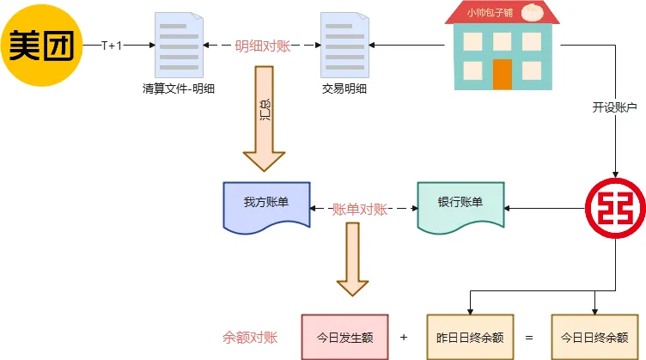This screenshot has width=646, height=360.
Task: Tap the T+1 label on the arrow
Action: (x=112, y=45)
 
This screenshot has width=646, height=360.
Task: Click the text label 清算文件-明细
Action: (x=180, y=88)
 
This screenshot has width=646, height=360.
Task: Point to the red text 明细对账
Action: (x=263, y=46)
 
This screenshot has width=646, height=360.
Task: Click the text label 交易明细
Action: (x=344, y=88)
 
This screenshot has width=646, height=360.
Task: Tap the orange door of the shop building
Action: (x=503, y=74)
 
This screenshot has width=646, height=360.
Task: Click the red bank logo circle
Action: (x=615, y=207)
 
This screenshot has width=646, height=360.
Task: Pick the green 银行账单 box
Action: (x=460, y=204)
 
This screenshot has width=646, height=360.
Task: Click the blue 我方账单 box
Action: (x=265, y=204)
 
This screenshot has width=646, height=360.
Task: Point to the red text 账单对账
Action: (x=360, y=209)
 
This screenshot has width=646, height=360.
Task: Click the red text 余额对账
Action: (x=250, y=337)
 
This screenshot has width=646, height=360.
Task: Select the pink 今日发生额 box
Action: (x=344, y=337)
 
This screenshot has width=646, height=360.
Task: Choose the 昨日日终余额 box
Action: (x=470, y=337)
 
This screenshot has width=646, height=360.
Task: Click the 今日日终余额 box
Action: (x=594, y=337)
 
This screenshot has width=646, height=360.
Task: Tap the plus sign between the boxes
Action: (x=404, y=337)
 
